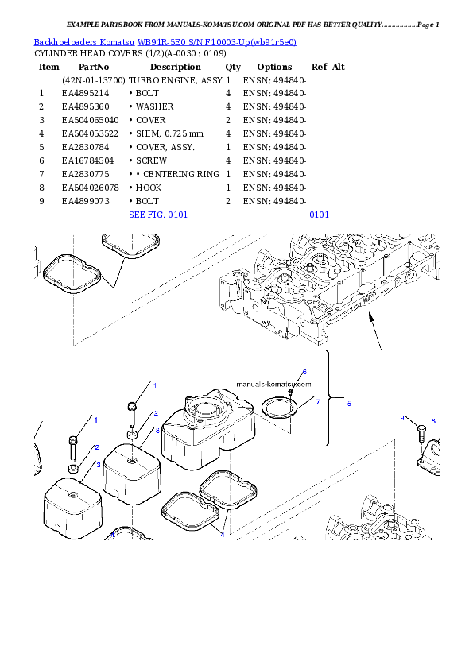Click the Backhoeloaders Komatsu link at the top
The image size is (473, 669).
[x=165, y=41]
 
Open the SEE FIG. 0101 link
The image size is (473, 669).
[x=158, y=215]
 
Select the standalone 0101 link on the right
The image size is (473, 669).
[x=319, y=215]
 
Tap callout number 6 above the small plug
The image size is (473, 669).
[x=304, y=372]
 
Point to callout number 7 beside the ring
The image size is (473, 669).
[x=318, y=401]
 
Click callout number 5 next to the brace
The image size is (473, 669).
[x=348, y=404]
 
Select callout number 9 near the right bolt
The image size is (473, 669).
[x=402, y=418]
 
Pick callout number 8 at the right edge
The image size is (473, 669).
[x=432, y=420]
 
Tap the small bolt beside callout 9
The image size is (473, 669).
[x=419, y=433]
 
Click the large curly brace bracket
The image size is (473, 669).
[x=330, y=397]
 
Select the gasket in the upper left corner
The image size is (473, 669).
[x=72, y=274]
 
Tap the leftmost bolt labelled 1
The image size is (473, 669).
[x=73, y=449]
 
